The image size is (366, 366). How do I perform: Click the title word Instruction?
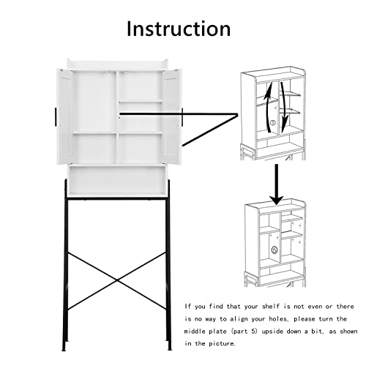coord(179,29)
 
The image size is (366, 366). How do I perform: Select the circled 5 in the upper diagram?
coord(273,123)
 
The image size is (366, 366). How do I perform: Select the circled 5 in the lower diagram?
coord(274,250)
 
